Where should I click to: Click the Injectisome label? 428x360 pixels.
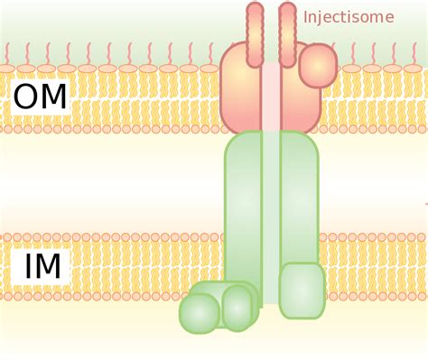349,16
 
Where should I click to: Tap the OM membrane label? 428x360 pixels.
41,97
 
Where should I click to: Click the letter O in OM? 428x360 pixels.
26,97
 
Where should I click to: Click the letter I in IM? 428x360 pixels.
27,267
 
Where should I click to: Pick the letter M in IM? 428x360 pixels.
48,267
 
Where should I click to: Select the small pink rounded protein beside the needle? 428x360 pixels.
317,66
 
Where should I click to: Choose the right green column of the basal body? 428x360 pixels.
299,198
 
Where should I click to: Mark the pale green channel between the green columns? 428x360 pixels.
271,217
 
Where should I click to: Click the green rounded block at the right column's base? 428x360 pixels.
302,291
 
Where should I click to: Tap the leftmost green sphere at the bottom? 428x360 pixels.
200,313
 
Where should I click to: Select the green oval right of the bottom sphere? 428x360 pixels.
237,308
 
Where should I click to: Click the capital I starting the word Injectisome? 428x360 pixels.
306,16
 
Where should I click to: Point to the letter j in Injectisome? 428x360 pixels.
323,17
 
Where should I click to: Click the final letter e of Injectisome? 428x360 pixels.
389,17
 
